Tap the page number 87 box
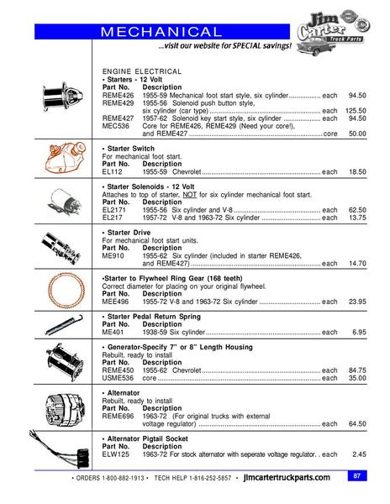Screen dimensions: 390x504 pyautogui.click(x=357, y=476)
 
